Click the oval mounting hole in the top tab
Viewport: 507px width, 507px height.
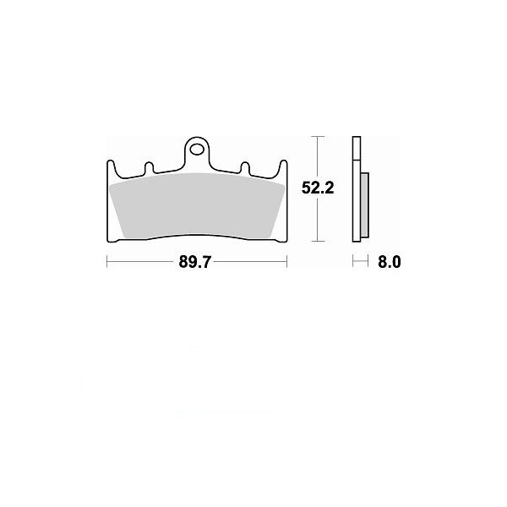(x=197, y=150)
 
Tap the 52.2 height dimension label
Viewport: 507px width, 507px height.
(x=318, y=188)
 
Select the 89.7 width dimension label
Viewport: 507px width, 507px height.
(x=194, y=262)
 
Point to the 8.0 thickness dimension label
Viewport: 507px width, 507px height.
(x=390, y=262)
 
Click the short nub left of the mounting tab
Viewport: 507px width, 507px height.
(x=149, y=167)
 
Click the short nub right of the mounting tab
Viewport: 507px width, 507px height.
(x=245, y=167)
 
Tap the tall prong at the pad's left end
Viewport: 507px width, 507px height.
(x=111, y=168)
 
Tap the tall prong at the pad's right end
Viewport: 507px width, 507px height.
(x=283, y=168)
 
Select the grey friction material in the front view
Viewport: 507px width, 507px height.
(x=197, y=205)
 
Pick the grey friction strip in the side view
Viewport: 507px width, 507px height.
(x=364, y=205)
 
